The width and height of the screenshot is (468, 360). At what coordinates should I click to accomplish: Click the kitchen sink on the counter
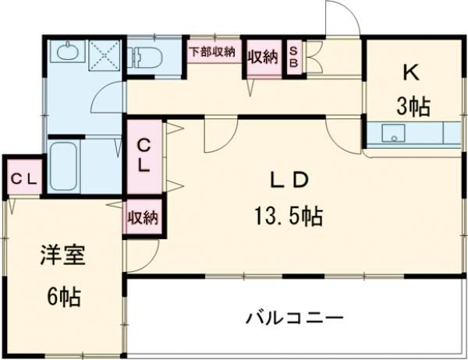(x=394, y=136)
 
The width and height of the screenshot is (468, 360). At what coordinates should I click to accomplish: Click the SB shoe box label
(x=294, y=58)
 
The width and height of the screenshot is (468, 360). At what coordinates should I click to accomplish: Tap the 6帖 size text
(x=62, y=296)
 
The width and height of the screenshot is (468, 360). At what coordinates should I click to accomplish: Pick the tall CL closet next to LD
(x=144, y=154)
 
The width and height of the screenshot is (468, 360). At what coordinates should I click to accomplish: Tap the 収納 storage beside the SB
(x=263, y=56)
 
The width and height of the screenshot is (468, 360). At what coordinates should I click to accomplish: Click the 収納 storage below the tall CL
(x=143, y=217)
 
